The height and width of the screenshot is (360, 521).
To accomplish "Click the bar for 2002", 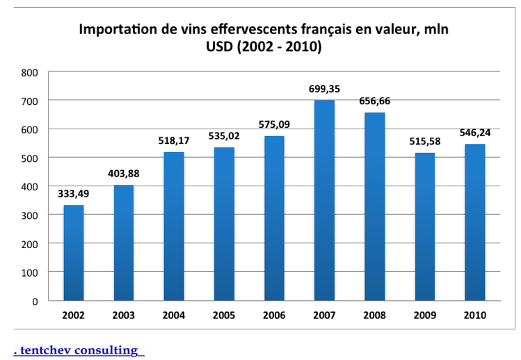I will (x=73, y=252).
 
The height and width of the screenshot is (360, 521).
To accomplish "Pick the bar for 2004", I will (x=173, y=226).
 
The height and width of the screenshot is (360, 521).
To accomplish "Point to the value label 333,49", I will (x=73, y=195).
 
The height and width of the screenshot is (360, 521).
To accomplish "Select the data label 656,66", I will (x=374, y=101).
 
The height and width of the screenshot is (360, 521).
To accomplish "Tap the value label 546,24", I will (x=474, y=133).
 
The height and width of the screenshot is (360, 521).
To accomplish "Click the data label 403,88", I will (x=123, y=174).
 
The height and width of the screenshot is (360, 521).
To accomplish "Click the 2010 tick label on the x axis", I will (x=474, y=316).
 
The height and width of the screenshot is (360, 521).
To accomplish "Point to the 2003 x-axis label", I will (x=123, y=316).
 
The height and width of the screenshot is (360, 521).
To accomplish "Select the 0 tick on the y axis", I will (x=35, y=301).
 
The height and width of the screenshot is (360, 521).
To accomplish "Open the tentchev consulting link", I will (x=77, y=350).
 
